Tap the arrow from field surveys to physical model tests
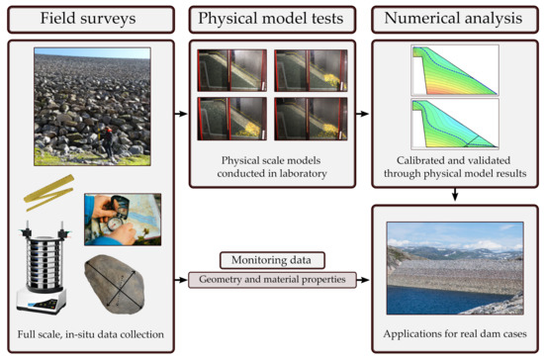pos(179,114)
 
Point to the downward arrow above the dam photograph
pos(451,195)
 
